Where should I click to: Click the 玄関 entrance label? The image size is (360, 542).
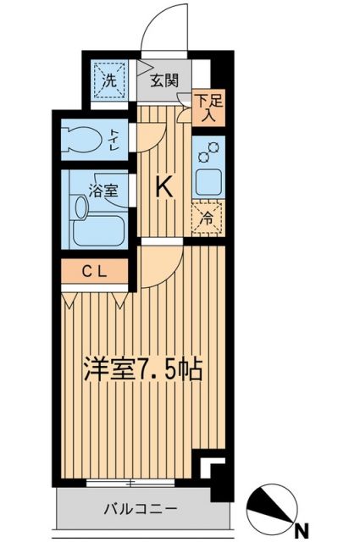(x=164, y=81)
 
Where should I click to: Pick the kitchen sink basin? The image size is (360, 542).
(x=208, y=180)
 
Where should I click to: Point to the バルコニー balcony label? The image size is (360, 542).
(x=141, y=510)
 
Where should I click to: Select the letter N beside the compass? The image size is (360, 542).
(x=299, y=531)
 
